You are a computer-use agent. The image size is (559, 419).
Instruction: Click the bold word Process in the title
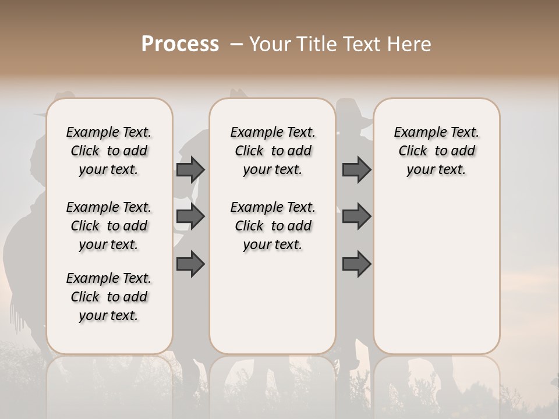[x=180, y=44]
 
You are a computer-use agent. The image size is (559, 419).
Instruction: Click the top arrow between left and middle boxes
[x=190, y=169]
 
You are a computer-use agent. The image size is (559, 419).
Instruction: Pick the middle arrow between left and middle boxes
[x=190, y=216]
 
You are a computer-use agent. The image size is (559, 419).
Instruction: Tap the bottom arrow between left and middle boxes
[x=190, y=264]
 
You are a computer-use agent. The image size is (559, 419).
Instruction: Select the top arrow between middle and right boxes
[x=356, y=169]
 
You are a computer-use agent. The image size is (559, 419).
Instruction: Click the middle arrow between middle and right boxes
[x=356, y=216]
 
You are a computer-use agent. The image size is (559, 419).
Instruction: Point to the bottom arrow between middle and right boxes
[x=356, y=264]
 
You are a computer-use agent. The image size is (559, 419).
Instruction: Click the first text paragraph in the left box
[x=109, y=151]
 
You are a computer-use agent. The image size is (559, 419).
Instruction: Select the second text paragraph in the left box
[x=109, y=226]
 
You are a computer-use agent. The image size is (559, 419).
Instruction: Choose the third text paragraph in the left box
[x=109, y=297]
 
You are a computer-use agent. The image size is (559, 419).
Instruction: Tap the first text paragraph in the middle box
[x=273, y=151]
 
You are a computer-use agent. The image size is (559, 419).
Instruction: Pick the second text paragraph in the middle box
[x=273, y=226]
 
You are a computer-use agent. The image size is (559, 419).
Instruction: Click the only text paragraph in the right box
[x=436, y=151]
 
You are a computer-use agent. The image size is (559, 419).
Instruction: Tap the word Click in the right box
[x=413, y=151]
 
